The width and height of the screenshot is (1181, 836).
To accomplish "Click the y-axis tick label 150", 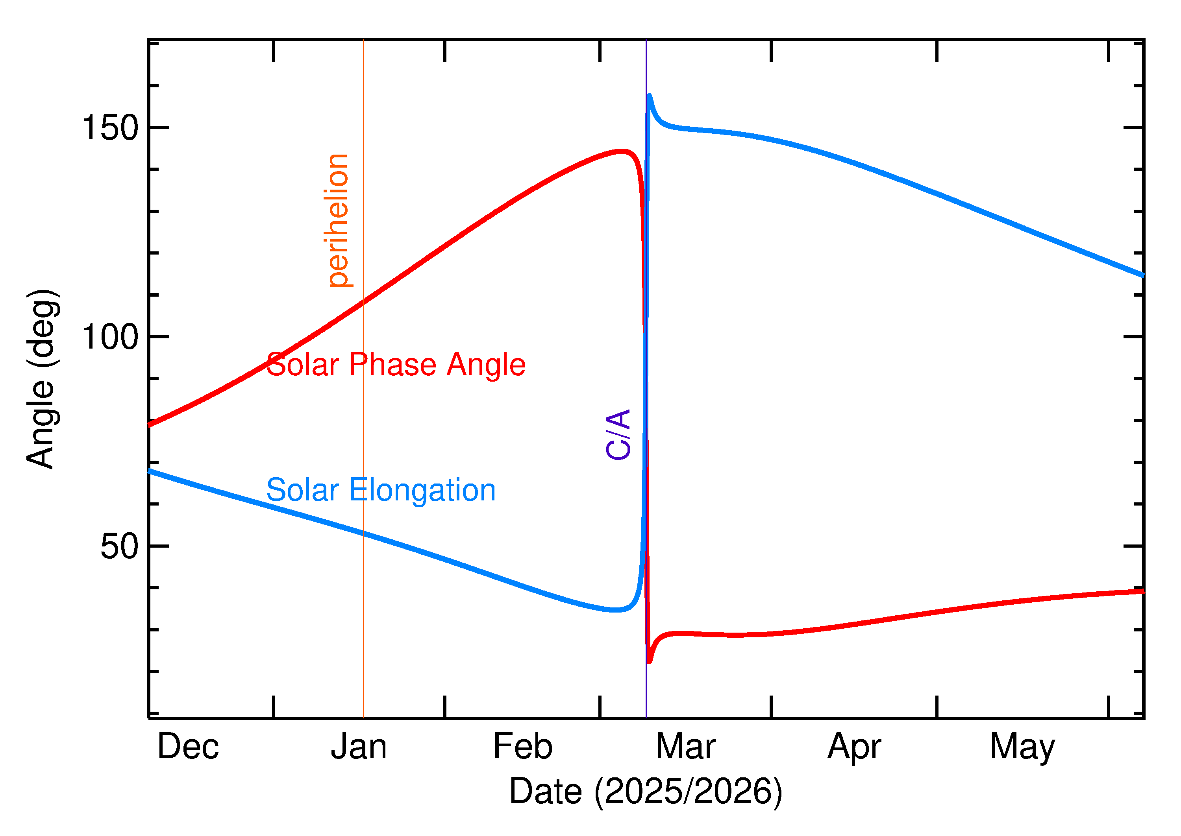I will [110, 128].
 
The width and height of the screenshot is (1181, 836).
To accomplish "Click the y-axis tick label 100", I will [110, 337].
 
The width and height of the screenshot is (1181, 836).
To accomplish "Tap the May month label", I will [1022, 747].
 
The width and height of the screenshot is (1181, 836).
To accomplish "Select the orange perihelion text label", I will [337, 220].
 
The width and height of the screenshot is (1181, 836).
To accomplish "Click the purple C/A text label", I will [618, 434].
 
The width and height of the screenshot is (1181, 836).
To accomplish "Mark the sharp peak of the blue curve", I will [650, 96].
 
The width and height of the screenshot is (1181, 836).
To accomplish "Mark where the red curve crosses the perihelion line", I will [364, 302].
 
